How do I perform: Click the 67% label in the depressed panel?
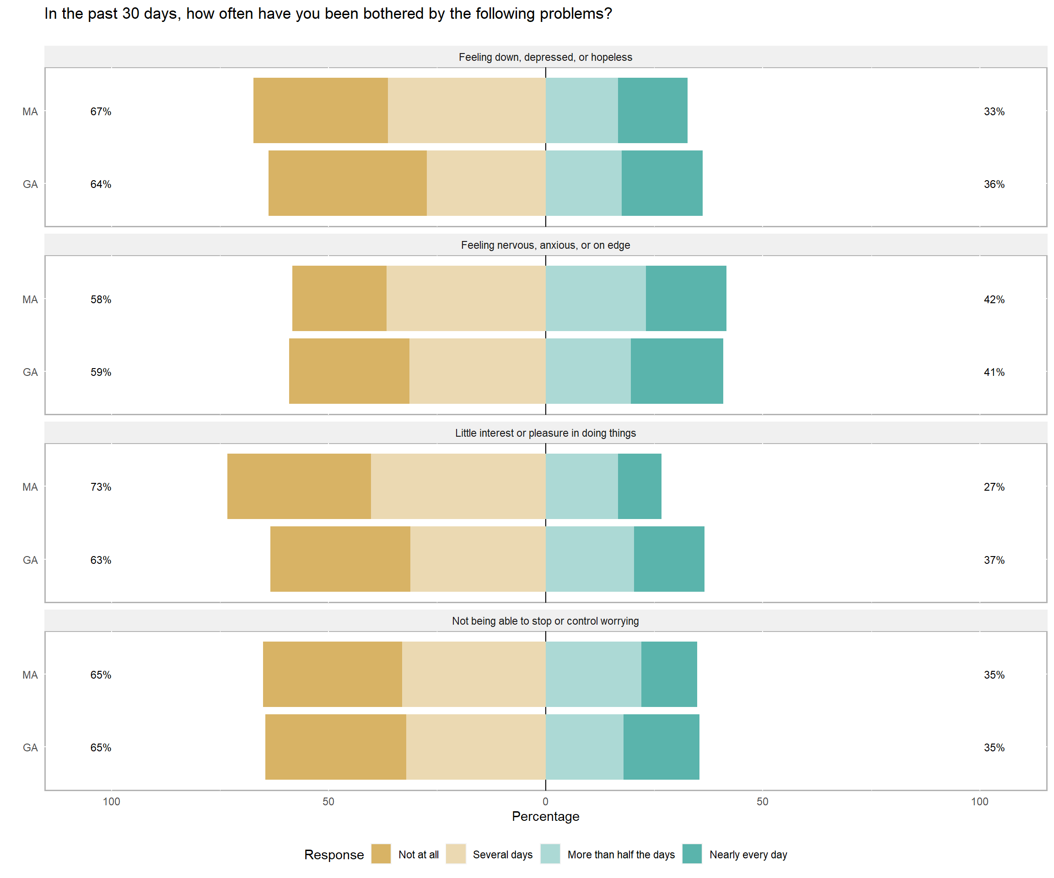(100, 112)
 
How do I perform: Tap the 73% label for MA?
(100, 487)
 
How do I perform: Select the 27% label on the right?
(994, 487)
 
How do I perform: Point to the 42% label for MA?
(994, 300)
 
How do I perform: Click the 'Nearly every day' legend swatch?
(692, 854)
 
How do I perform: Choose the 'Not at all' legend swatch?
(381, 854)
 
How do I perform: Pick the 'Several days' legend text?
(502, 854)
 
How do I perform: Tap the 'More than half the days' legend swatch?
(550, 854)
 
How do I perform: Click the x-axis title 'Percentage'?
(546, 816)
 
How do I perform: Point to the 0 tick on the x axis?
(546, 801)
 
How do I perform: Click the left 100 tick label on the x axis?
(112, 801)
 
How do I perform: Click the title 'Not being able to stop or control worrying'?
(546, 621)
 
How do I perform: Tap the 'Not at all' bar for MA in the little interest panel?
(299, 486)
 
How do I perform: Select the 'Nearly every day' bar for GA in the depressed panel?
(662, 183)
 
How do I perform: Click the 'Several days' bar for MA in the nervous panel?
(466, 299)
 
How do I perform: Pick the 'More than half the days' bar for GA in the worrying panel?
(585, 747)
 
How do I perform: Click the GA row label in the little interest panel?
(30, 560)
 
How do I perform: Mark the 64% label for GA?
(100, 184)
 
